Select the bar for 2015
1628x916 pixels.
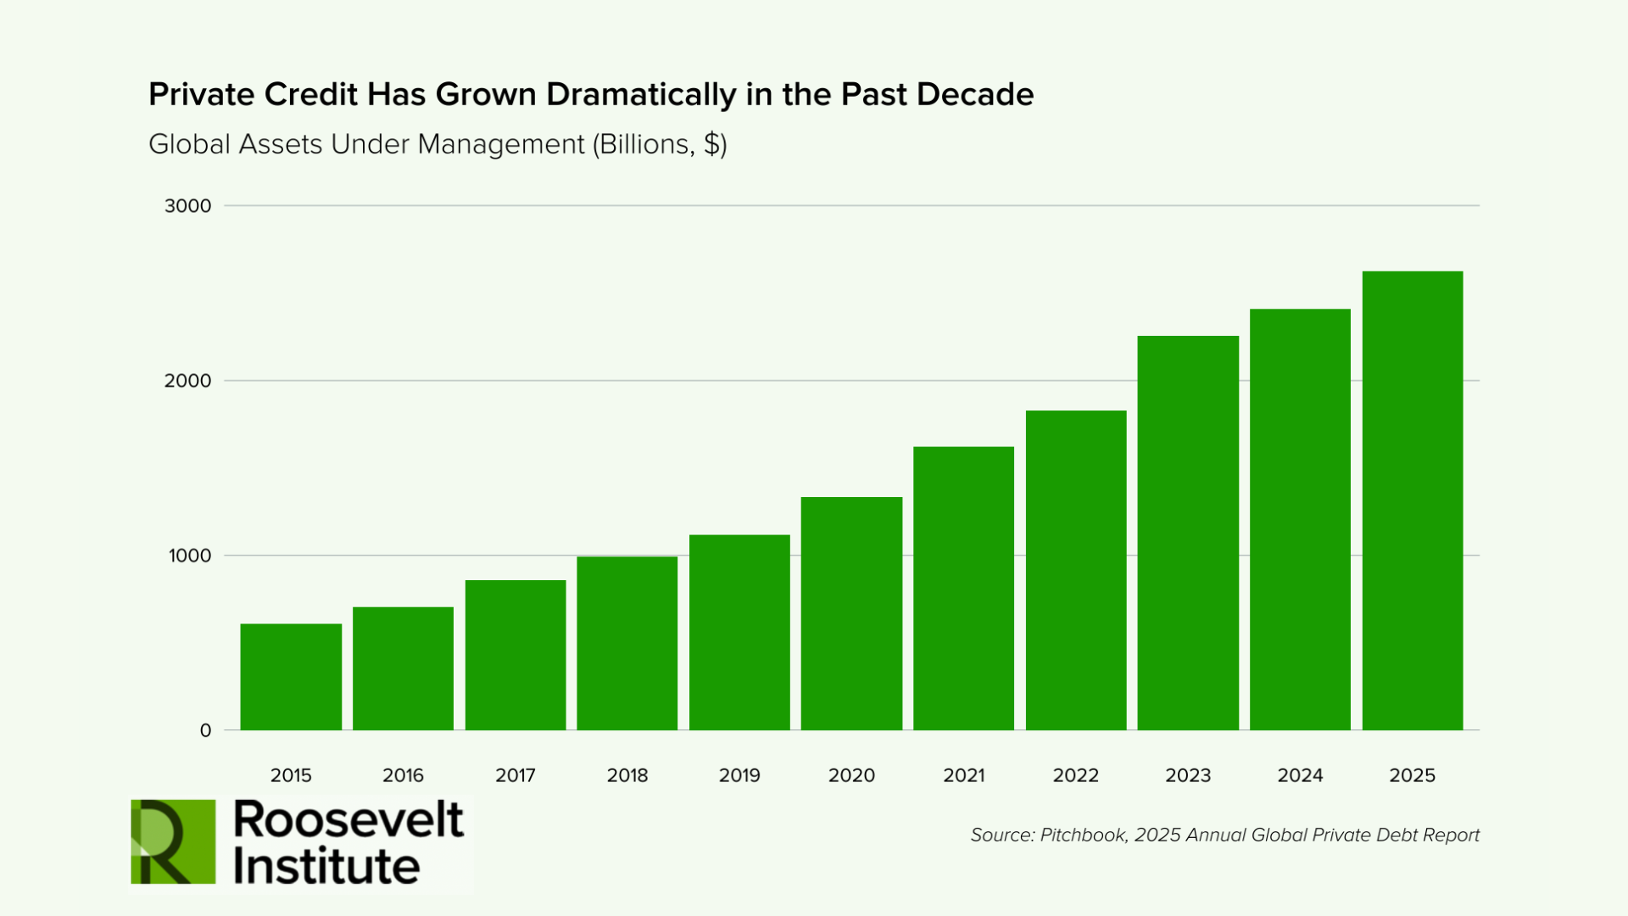click(x=291, y=677)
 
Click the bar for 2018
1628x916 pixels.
click(x=627, y=643)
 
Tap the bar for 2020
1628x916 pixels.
click(x=851, y=613)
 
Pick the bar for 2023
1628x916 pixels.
click(x=1188, y=533)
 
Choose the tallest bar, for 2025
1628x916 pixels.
click(x=1413, y=500)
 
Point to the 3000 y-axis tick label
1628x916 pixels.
click(x=188, y=206)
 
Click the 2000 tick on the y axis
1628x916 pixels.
click(x=188, y=381)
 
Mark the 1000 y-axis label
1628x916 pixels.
click(x=190, y=556)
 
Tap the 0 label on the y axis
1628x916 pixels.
click(x=205, y=731)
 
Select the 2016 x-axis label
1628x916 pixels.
click(x=403, y=775)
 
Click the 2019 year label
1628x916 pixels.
click(x=739, y=775)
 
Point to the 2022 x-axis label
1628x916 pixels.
click(x=1076, y=775)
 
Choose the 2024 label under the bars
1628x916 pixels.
click(x=1300, y=775)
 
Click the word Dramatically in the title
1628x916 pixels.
click(x=641, y=95)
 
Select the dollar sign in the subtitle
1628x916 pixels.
click(x=712, y=144)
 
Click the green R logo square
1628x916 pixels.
click(x=173, y=841)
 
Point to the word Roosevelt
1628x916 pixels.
click(x=348, y=819)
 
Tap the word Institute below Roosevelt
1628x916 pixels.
click(x=326, y=866)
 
